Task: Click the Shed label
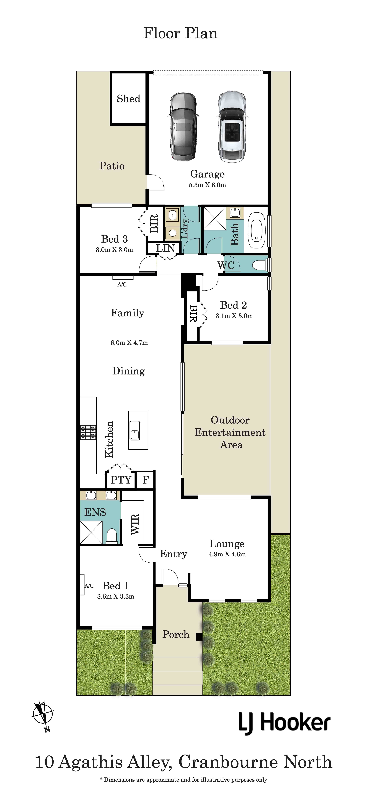[129, 99]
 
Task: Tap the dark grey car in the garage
[184, 127]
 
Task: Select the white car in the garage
[232, 127]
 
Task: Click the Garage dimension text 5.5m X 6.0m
[207, 185]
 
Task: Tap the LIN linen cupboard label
[165, 248]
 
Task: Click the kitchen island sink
[135, 430]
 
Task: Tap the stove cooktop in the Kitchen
[88, 432]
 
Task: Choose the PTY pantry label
[121, 480]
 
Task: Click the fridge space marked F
[145, 480]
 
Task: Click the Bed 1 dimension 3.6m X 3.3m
[116, 597]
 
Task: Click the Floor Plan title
[181, 33]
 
